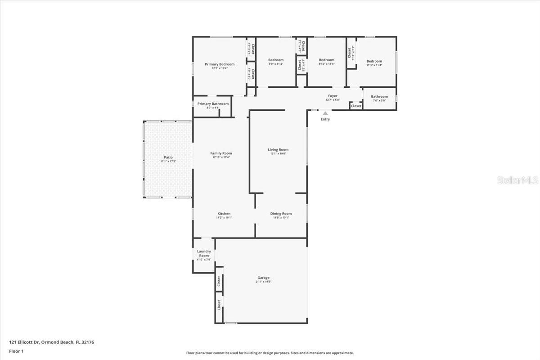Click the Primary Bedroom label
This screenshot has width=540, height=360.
click(220, 64)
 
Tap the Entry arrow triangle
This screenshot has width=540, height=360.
click(325, 113)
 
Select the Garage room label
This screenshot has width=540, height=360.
click(264, 278)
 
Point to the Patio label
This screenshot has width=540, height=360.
click(168, 157)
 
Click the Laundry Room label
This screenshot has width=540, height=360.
click(204, 253)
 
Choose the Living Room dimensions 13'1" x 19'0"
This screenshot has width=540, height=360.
click(278, 154)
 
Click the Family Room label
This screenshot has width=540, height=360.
click(221, 153)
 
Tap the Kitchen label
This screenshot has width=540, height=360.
click(224, 214)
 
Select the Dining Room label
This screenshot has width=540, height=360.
click(281, 214)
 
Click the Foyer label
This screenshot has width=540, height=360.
click(333, 96)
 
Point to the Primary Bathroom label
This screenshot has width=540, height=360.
click(213, 104)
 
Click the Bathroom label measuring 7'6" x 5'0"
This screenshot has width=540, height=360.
click(379, 96)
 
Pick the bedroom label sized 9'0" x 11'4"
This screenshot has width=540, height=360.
click(276, 60)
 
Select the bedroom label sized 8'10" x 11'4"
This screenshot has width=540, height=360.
click(327, 60)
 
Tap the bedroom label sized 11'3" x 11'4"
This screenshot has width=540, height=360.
click(374, 61)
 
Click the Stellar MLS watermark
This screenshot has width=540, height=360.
click(517, 180)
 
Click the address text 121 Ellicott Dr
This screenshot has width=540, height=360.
click(24, 342)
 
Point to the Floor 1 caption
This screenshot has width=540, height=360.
click(16, 351)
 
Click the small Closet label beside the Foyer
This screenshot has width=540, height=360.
click(356, 106)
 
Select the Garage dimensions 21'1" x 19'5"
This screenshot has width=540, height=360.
click(264, 282)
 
